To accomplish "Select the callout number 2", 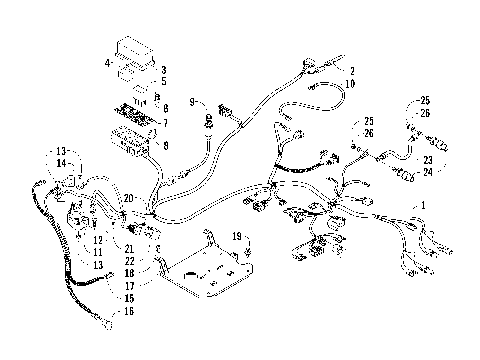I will click(x=352, y=71).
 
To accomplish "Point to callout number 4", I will click(x=106, y=63).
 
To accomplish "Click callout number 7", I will click(x=166, y=123).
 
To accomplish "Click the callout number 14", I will click(x=62, y=162).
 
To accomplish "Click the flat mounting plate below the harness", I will click(x=215, y=270).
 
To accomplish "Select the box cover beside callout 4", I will click(x=135, y=55).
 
